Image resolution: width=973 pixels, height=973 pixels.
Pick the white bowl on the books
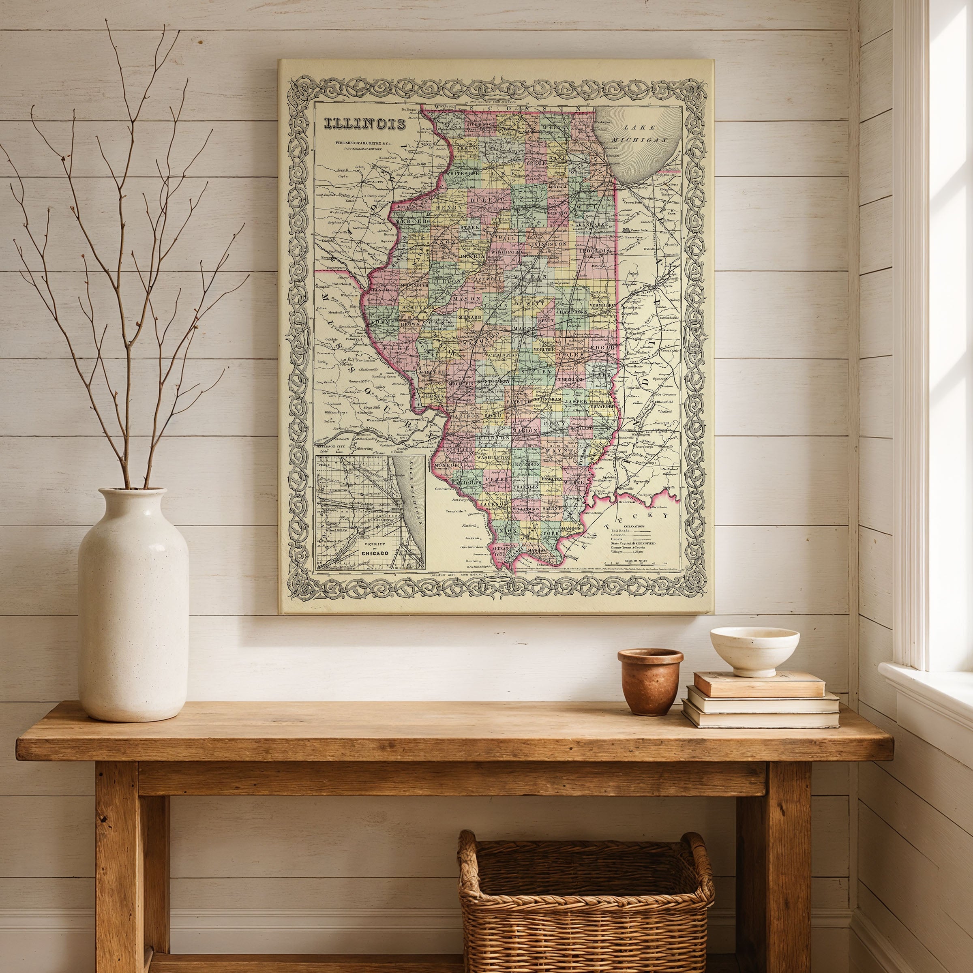[754, 649]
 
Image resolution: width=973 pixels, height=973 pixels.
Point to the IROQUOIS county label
[595, 250]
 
